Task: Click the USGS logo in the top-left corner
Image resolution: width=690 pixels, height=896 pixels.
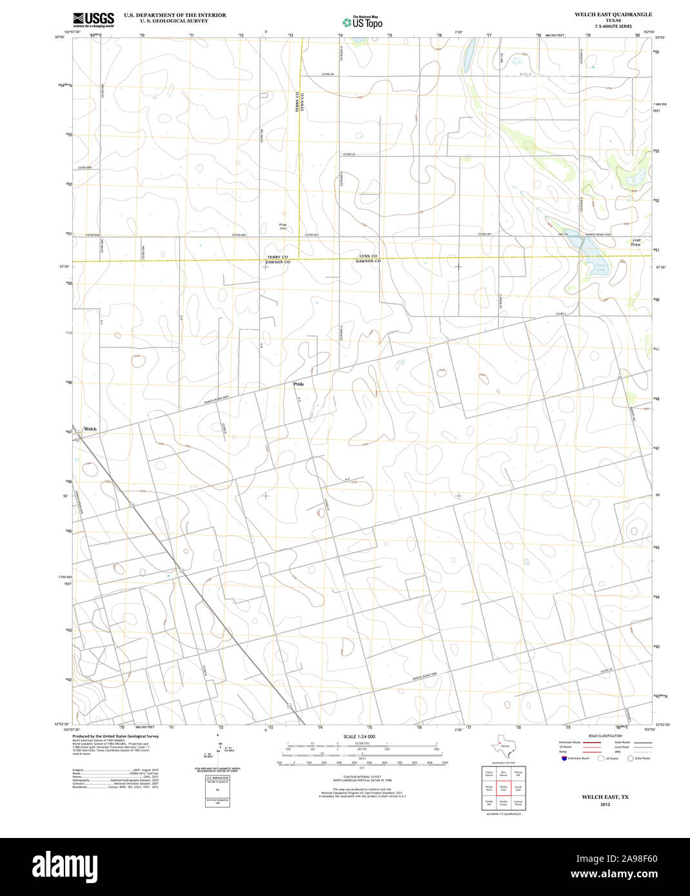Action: click(94, 19)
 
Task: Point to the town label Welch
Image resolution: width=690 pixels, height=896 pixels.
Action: click(90, 429)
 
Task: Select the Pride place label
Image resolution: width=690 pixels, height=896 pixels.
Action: click(299, 384)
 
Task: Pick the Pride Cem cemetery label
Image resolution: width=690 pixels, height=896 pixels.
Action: click(283, 226)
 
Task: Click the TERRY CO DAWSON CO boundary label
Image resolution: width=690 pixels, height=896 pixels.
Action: click(278, 260)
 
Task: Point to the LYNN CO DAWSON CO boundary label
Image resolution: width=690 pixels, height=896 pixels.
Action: click(368, 258)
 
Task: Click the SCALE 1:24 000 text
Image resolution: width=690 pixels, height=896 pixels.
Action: click(359, 736)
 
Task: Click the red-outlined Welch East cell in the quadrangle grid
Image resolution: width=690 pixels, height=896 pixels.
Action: click(504, 788)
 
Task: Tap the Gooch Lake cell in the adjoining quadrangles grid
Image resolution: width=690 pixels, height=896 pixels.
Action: click(518, 788)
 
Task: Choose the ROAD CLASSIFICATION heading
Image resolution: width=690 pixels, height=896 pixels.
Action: click(605, 735)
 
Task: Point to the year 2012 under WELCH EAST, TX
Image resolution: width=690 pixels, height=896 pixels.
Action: click(605, 804)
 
